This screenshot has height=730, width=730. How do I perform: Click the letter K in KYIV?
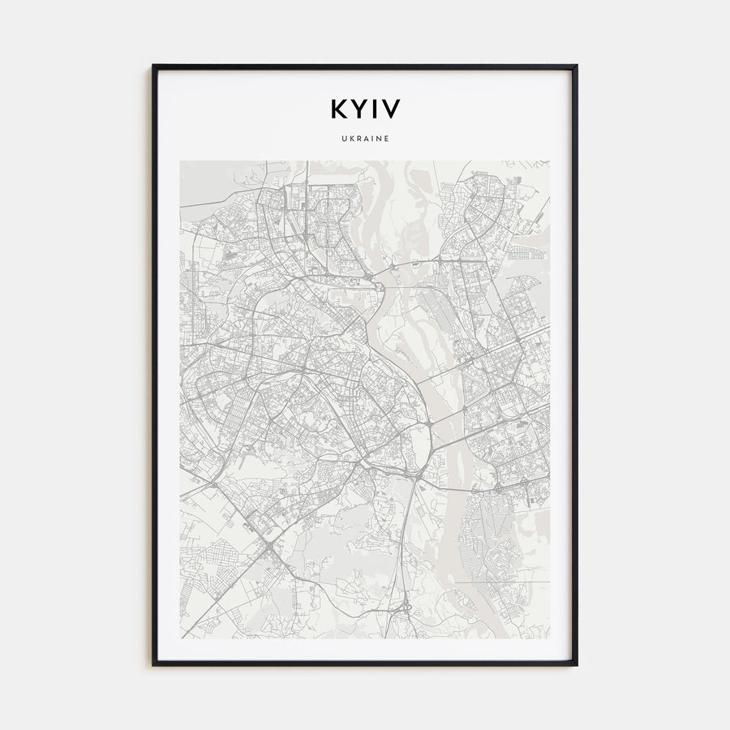point(337,109)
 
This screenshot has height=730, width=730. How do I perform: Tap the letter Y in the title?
point(357,109)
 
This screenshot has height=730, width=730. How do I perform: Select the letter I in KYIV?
point(372,109)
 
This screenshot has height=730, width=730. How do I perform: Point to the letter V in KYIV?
point(389,109)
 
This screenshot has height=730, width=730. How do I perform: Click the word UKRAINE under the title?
point(365,139)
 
